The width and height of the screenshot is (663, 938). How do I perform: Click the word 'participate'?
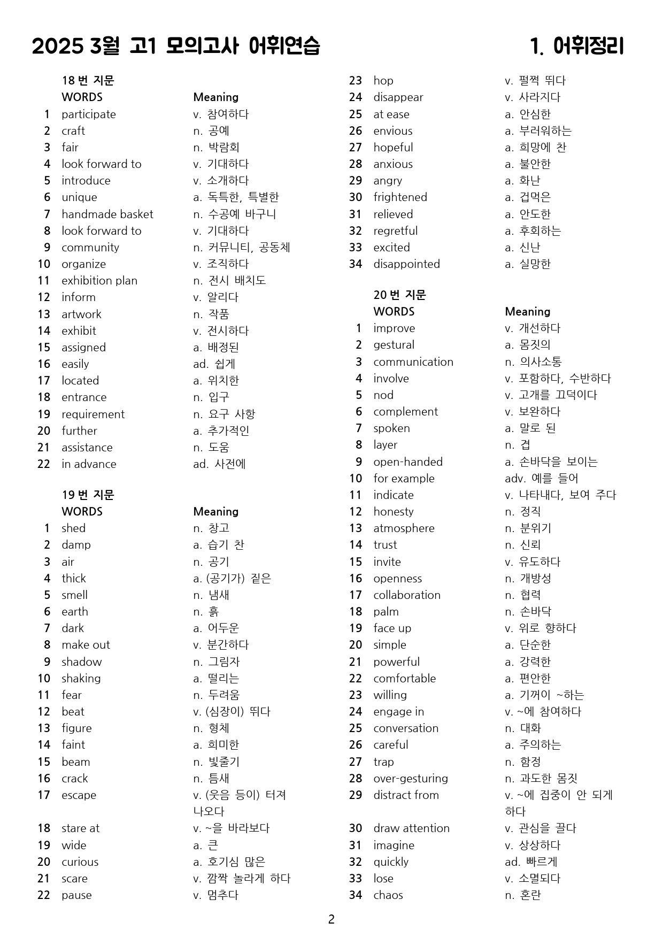point(88,114)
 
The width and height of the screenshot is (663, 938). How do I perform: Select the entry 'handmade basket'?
point(107,214)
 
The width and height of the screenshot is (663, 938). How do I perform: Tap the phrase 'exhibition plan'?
point(99,280)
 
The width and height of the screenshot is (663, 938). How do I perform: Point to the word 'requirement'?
point(93,414)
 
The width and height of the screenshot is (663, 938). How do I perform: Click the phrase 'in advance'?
point(89,464)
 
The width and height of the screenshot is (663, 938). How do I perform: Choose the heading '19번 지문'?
point(88,495)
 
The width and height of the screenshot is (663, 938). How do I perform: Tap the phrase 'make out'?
point(86,644)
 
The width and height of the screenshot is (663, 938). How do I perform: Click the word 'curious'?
point(80,862)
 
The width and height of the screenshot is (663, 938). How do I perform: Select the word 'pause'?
point(76,895)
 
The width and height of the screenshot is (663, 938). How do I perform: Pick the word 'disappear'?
point(398,97)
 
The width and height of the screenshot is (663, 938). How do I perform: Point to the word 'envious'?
point(392,130)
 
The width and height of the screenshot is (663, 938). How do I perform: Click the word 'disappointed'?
point(406,264)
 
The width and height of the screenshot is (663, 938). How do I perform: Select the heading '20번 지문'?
point(399,295)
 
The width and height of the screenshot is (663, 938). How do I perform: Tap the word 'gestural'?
point(394,344)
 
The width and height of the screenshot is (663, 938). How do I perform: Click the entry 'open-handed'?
point(407,462)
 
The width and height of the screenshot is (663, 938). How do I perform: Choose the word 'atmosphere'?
point(404,528)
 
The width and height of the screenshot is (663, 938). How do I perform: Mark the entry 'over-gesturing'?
point(410,778)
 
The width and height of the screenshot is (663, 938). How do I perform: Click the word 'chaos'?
point(388,895)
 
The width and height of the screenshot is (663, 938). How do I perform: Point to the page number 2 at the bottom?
point(331,919)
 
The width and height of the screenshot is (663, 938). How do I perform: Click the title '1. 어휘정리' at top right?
point(577,47)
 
